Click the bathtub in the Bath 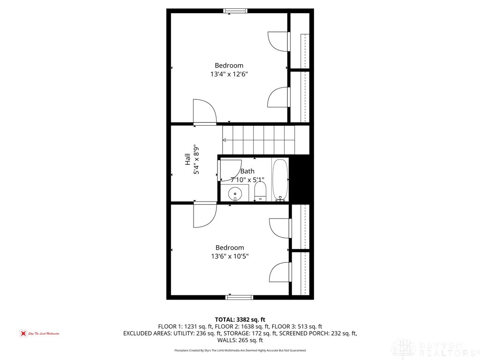pyautogui.click(x=280, y=180)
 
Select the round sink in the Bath pyautogui.click(x=234, y=193)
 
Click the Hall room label pyautogui.click(x=187, y=159)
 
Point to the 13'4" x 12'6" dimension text pyautogui.click(x=229, y=74)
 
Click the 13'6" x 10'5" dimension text pyautogui.click(x=229, y=256)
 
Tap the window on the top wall pyautogui.click(x=235, y=11)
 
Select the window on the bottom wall pyautogui.click(x=240, y=297)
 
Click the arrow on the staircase pyautogui.click(x=225, y=140)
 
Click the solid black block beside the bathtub pyautogui.click(x=300, y=180)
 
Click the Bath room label pyautogui.click(x=247, y=172)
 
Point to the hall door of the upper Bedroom pyautogui.click(x=204, y=112)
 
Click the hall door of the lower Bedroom pyautogui.click(x=204, y=214)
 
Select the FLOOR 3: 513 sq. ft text pyautogui.click(x=298, y=327)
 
